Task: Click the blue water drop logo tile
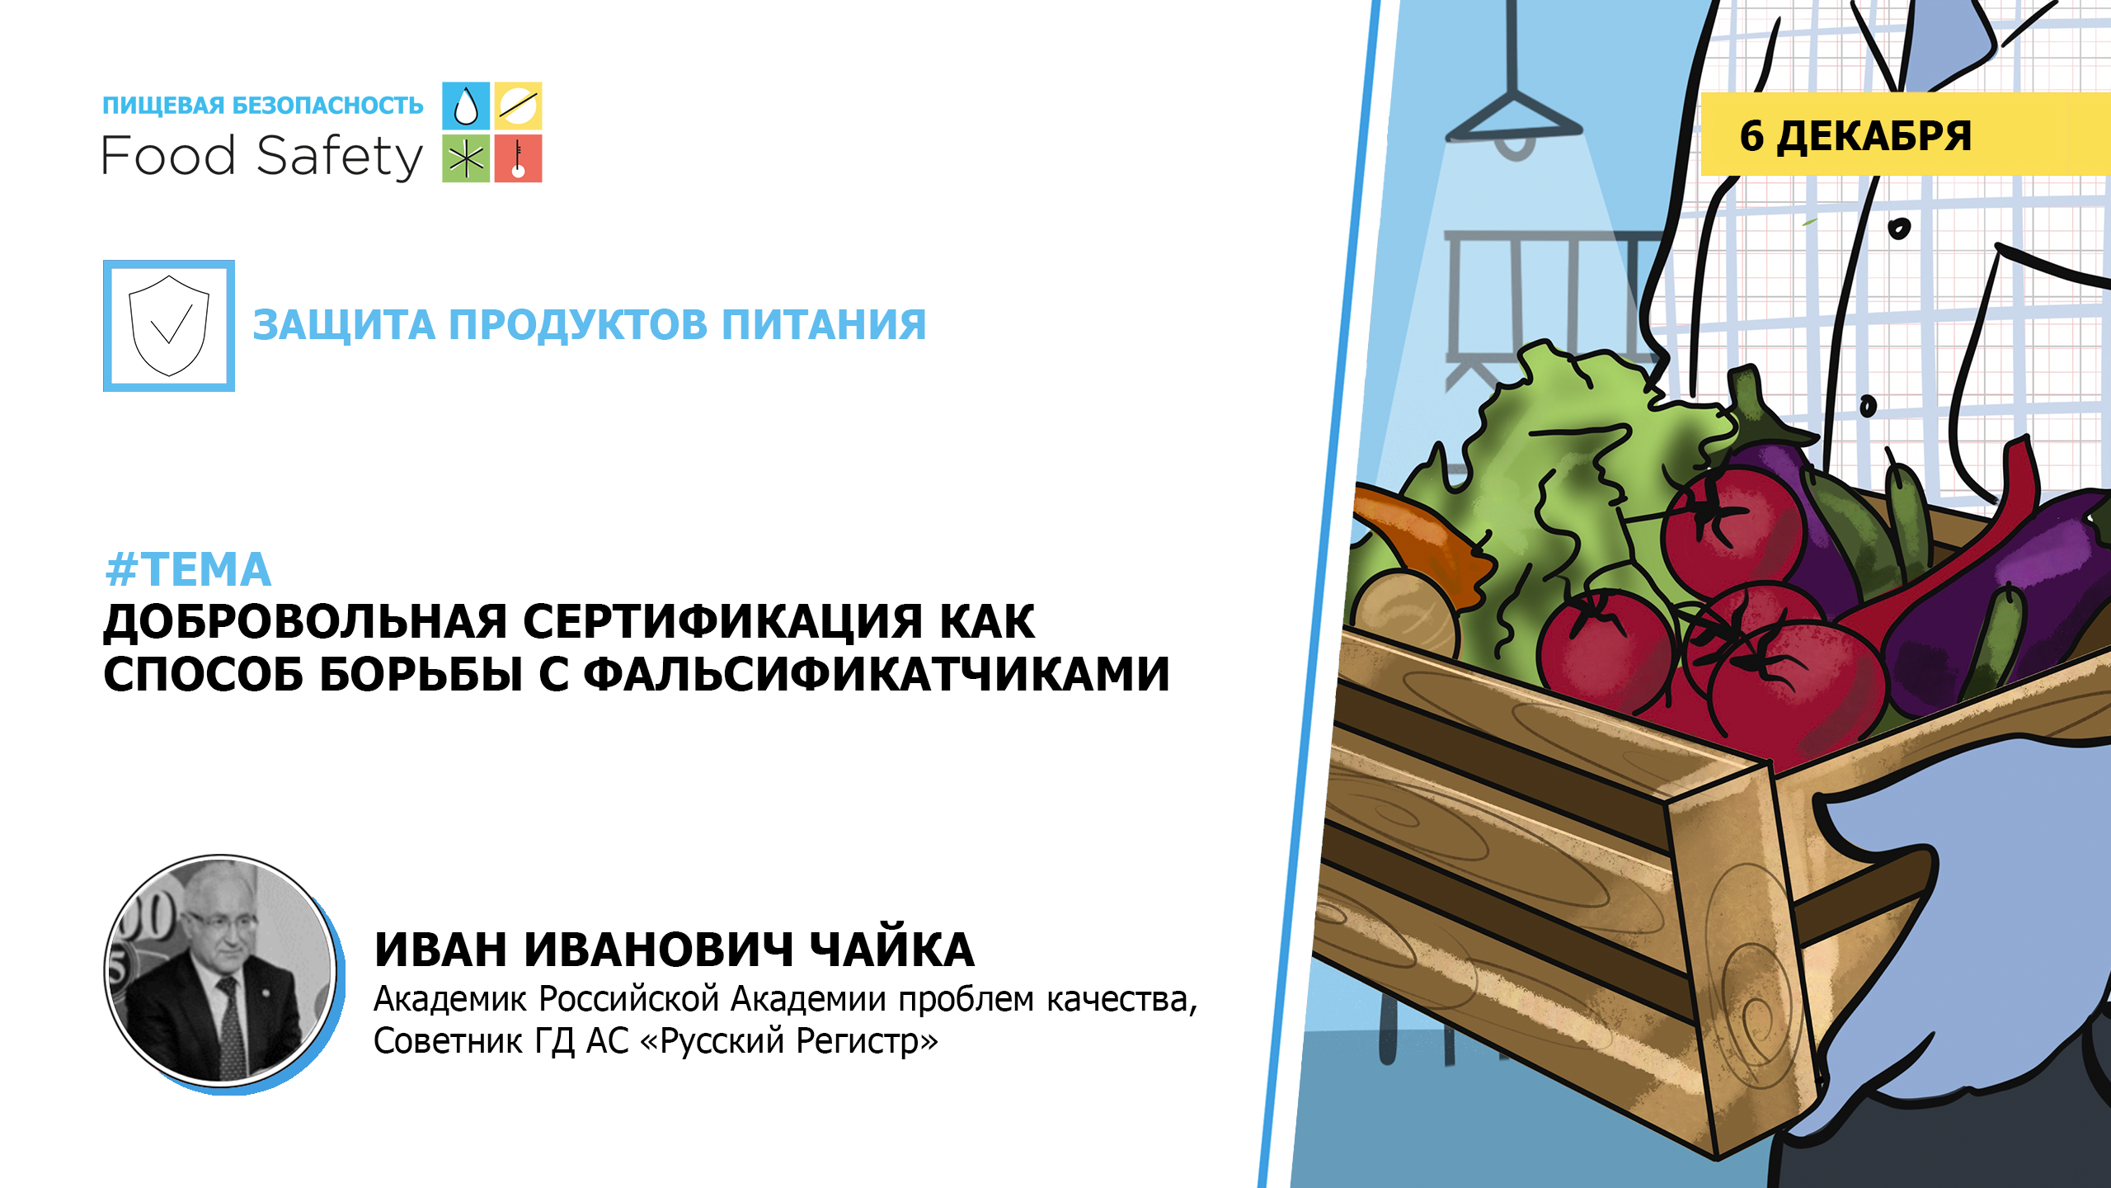(x=466, y=106)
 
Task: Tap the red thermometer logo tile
(x=518, y=158)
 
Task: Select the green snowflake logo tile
(x=466, y=158)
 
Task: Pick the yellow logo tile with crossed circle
(x=518, y=106)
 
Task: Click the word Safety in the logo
(x=340, y=157)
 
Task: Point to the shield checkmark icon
(x=169, y=326)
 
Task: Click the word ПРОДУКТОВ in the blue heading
(x=577, y=324)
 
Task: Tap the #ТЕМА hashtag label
(x=188, y=569)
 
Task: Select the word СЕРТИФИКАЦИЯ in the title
(x=722, y=621)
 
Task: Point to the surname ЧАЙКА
(x=891, y=949)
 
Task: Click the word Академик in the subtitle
(x=449, y=999)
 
